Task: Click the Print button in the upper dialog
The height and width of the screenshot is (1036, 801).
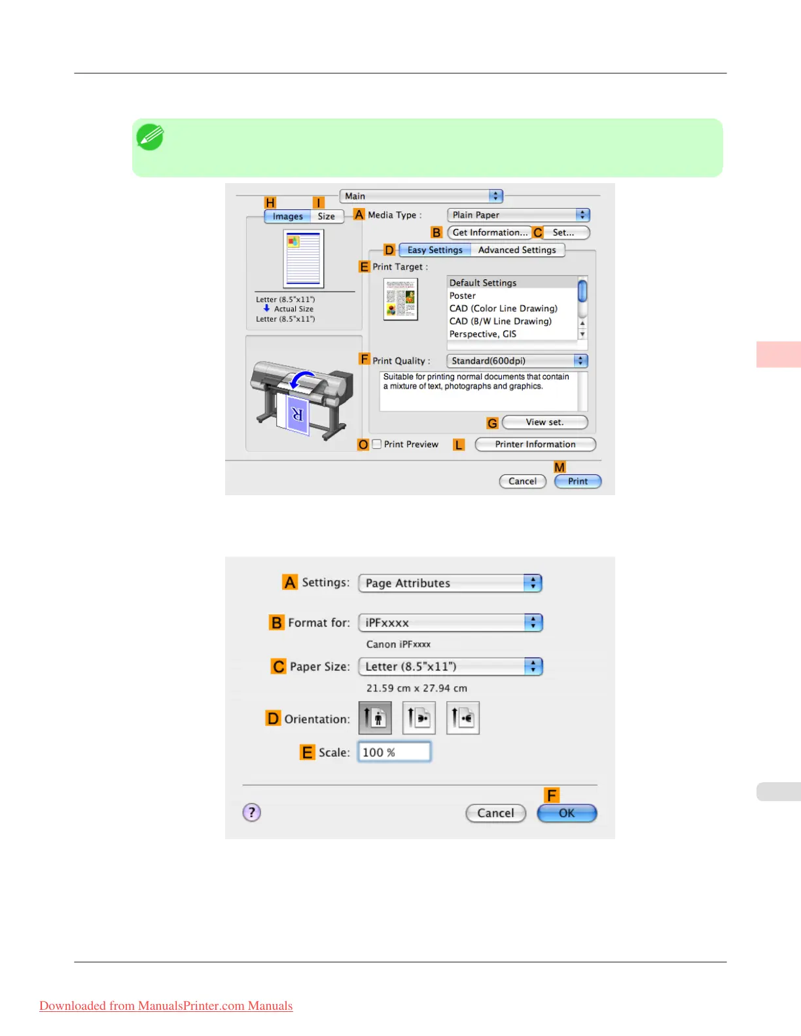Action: pyautogui.click(x=577, y=481)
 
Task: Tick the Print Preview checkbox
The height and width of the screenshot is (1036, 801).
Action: pyautogui.click(x=377, y=444)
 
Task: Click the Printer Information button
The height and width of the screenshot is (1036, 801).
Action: pyautogui.click(x=535, y=444)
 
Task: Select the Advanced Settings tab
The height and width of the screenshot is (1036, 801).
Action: pyautogui.click(x=517, y=250)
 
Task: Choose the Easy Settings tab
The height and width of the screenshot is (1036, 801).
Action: pyautogui.click(x=435, y=250)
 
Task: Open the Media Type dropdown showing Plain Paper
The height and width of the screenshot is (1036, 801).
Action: pyautogui.click(x=518, y=215)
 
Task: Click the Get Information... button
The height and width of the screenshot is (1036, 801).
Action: pyautogui.click(x=489, y=233)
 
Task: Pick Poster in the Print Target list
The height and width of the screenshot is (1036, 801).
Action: pyautogui.click(x=463, y=296)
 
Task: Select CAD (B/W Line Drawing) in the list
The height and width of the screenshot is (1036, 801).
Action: pyautogui.click(x=500, y=321)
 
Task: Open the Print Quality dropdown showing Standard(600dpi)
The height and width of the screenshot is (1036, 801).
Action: pyautogui.click(x=517, y=361)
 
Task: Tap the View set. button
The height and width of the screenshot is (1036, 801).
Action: pyautogui.click(x=544, y=423)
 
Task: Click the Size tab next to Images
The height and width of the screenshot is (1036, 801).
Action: pyautogui.click(x=326, y=216)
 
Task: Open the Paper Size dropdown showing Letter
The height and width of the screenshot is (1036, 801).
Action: pyautogui.click(x=450, y=666)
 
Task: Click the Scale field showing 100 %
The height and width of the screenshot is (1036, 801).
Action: pyautogui.click(x=394, y=752)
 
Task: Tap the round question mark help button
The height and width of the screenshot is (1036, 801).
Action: pyautogui.click(x=252, y=812)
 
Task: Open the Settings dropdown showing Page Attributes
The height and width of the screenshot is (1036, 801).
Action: pyautogui.click(x=450, y=583)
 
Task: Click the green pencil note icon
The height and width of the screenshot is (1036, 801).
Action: pyautogui.click(x=150, y=137)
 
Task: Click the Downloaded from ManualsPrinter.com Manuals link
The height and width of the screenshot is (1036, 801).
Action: pyautogui.click(x=166, y=1006)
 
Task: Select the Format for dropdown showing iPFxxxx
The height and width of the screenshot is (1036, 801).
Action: pyautogui.click(x=450, y=623)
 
